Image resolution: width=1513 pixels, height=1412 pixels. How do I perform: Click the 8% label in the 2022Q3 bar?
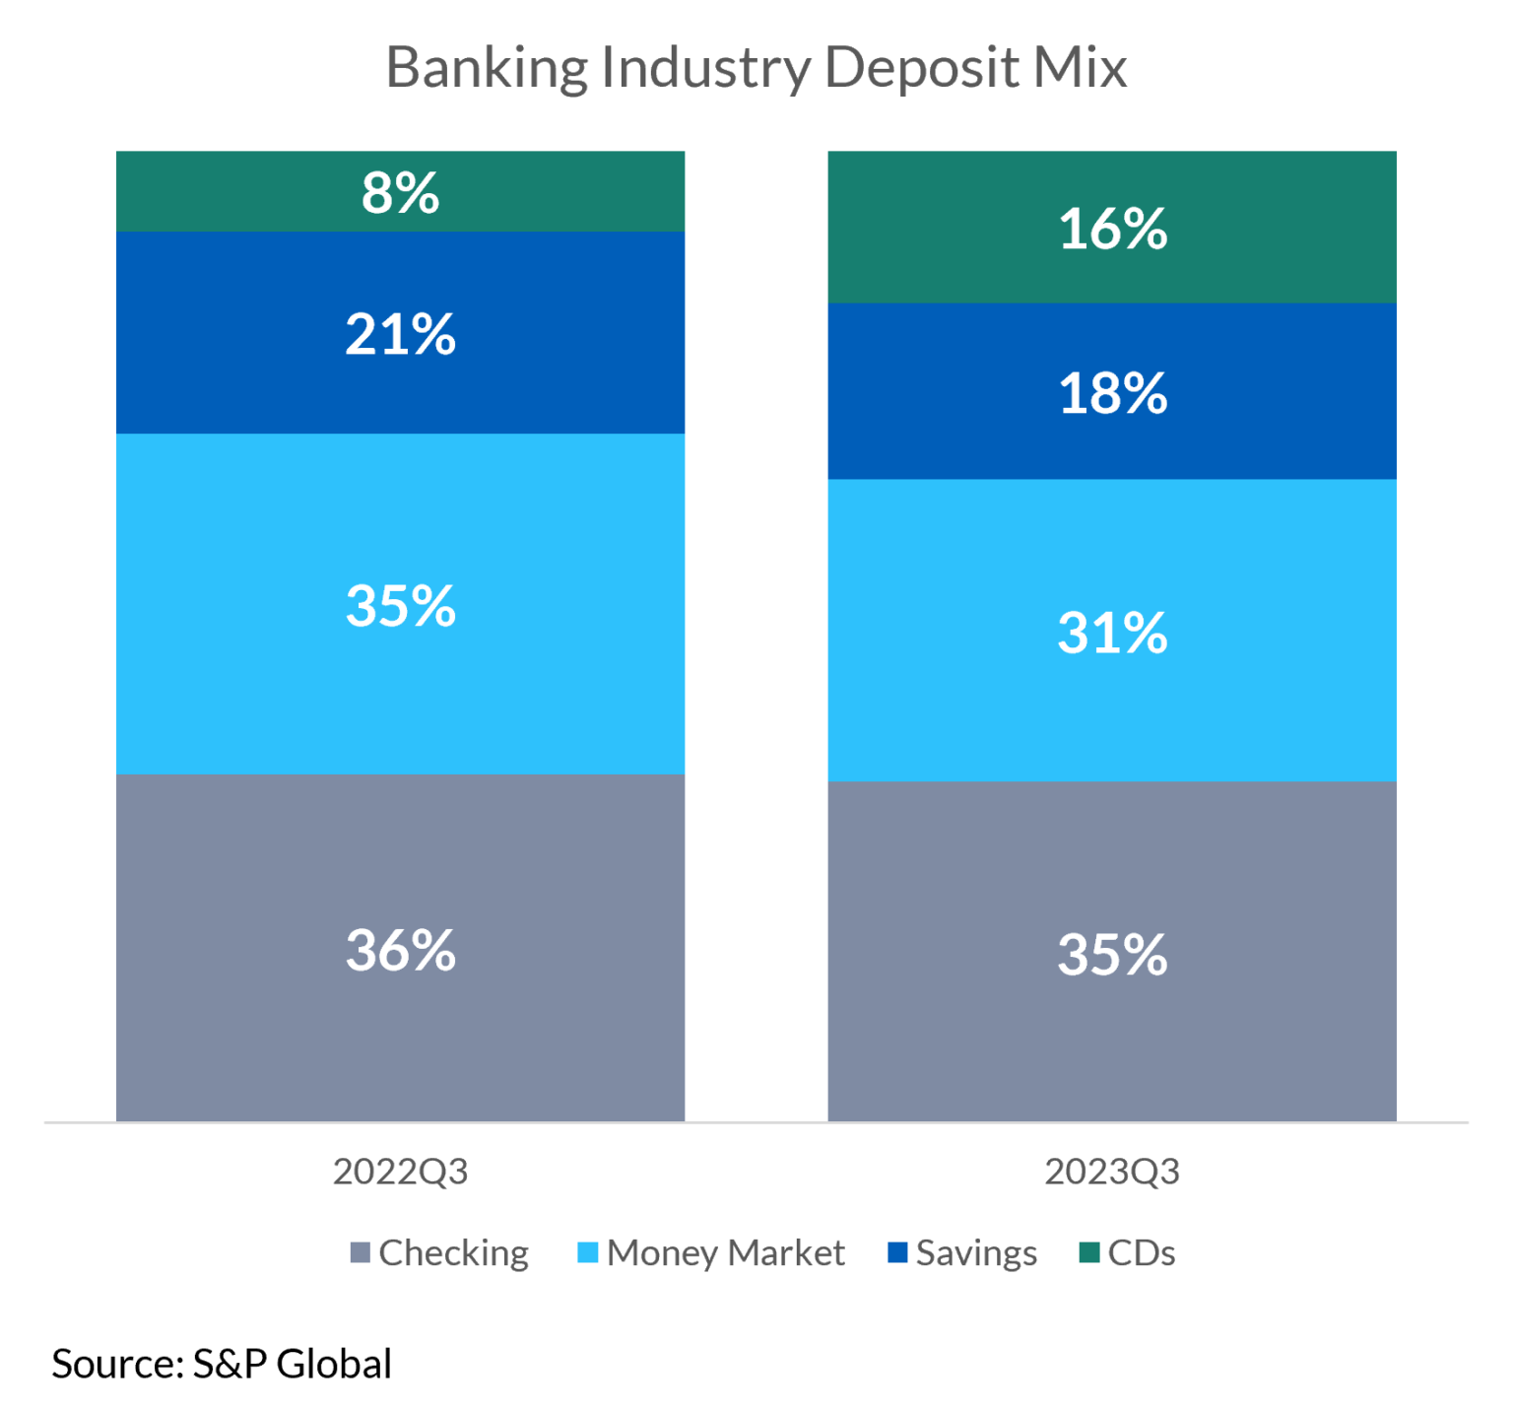400,193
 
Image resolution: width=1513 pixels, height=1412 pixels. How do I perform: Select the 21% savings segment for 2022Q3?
400,334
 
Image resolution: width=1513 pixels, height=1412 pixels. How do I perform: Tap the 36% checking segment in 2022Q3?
400,950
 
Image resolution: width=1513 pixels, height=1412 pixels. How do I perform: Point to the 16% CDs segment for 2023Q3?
1112,229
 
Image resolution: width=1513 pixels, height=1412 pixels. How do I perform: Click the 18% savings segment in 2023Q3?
1112,393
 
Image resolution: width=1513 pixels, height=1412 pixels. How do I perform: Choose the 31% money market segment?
1112,633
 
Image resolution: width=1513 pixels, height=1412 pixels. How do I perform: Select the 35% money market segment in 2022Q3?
400,605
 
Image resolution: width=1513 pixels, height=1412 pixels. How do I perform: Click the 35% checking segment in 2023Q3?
1112,954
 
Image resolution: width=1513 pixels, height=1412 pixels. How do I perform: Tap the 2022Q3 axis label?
400,1172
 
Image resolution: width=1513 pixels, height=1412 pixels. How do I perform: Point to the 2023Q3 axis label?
1112,1172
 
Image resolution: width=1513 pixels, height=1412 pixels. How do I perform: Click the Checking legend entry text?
454,1253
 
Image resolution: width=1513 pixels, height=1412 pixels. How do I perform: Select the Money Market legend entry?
726,1253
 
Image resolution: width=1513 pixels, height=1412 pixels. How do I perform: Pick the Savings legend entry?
976,1253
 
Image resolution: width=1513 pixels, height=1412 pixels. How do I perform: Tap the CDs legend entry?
1141,1253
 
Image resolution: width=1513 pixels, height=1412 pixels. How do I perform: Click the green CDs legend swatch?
1088,1252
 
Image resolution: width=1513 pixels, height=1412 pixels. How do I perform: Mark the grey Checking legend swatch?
361,1252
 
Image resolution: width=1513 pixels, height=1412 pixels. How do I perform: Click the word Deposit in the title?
921,69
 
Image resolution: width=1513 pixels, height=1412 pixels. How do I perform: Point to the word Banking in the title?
487,69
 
